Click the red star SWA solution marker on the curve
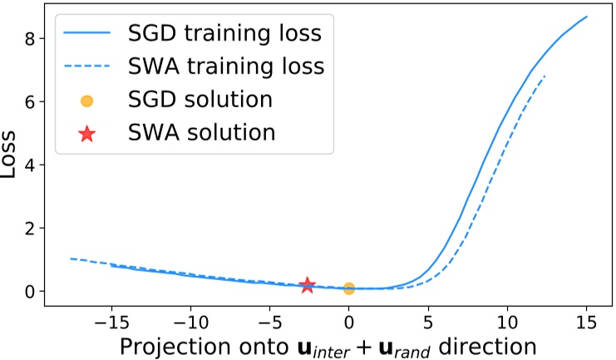pyautogui.click(x=308, y=285)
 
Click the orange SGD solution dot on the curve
pyautogui.click(x=349, y=288)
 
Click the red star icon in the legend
pyautogui.click(x=86, y=132)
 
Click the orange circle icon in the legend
pyautogui.click(x=86, y=101)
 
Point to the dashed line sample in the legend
pyautogui.click(x=86, y=68)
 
